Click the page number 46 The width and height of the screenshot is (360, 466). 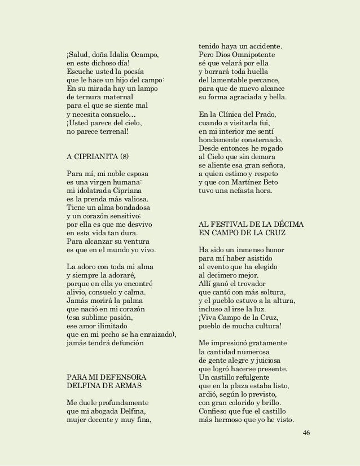306,432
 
